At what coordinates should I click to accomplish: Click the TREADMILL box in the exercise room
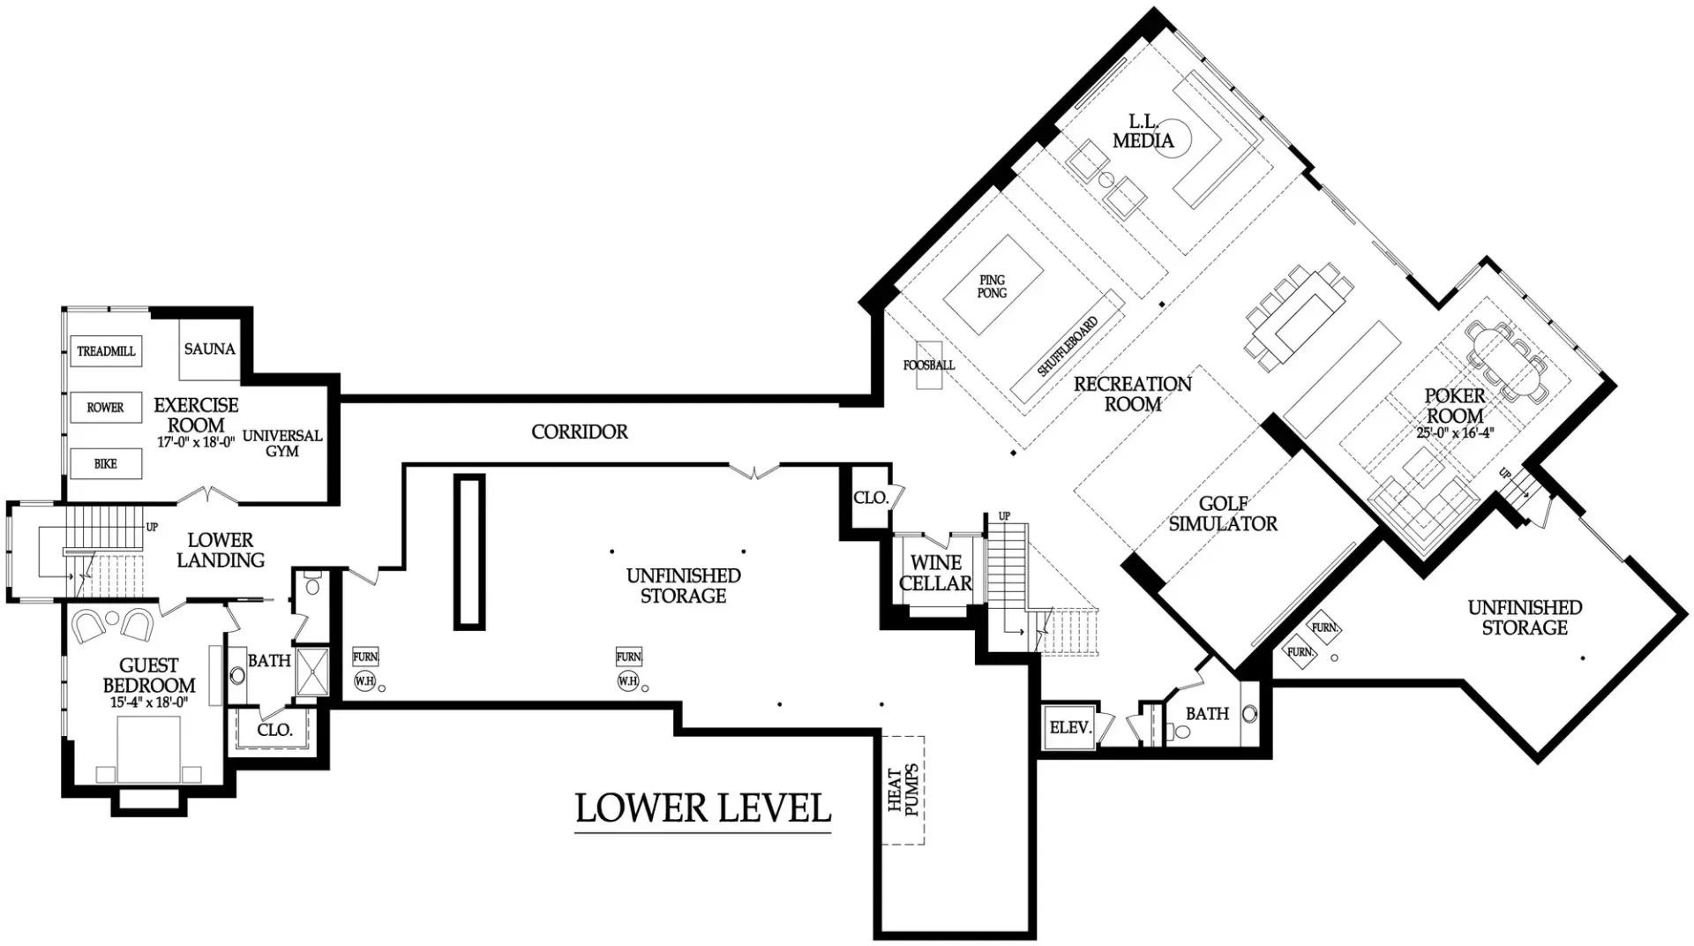click(106, 351)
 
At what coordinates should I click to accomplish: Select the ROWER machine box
click(106, 408)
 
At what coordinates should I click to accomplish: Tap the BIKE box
click(106, 464)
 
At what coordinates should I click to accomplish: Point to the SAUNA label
click(210, 349)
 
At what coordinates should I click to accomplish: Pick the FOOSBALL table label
click(929, 364)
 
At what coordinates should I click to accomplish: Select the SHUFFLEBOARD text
click(1068, 347)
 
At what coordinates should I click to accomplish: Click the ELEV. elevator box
click(1070, 728)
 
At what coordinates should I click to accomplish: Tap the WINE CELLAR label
click(936, 574)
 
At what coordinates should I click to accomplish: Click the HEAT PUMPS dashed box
click(903, 790)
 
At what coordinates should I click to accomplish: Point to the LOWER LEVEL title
click(703, 808)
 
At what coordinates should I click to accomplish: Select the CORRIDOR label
click(580, 432)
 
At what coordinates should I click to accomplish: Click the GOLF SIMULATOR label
click(1223, 514)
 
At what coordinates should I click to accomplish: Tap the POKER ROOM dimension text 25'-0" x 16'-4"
click(1455, 433)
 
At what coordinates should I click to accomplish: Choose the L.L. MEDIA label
click(1143, 131)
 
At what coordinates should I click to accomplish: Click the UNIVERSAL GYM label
click(282, 443)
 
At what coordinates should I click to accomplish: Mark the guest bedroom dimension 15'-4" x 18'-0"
click(149, 702)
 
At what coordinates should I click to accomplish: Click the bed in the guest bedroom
click(149, 749)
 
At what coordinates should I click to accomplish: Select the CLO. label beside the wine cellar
click(871, 498)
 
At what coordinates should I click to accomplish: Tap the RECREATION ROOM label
click(1133, 394)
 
